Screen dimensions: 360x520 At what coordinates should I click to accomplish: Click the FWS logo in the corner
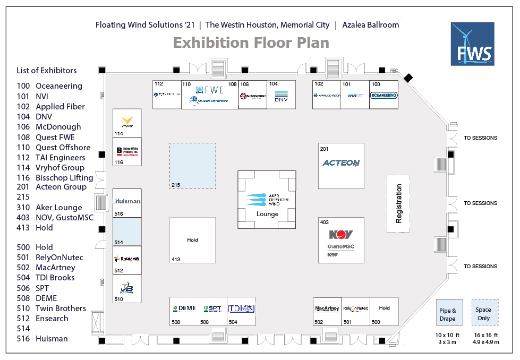point(472,44)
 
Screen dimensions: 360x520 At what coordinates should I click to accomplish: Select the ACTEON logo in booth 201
point(341,163)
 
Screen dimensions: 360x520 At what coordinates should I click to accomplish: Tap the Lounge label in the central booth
point(267,214)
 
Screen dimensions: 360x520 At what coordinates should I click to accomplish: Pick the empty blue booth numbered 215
point(192,166)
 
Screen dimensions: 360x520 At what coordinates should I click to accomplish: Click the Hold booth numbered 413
point(192,240)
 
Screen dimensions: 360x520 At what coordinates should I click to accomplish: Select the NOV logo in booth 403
point(341,235)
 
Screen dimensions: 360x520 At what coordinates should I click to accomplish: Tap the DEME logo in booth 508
point(184,308)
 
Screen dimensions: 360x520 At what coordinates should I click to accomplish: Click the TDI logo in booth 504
point(242,308)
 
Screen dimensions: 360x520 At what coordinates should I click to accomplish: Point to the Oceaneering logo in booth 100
point(383,95)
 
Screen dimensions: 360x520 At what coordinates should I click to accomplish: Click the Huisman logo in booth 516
point(127,201)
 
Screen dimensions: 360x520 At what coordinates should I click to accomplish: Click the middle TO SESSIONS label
point(480,203)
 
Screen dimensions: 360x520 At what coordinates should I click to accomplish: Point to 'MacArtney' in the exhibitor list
point(55,267)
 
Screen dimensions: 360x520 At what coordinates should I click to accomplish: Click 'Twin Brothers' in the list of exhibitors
point(61,308)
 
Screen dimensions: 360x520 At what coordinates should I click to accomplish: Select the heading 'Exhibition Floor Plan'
point(251,42)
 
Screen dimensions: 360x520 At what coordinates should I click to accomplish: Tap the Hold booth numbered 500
point(384,311)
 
